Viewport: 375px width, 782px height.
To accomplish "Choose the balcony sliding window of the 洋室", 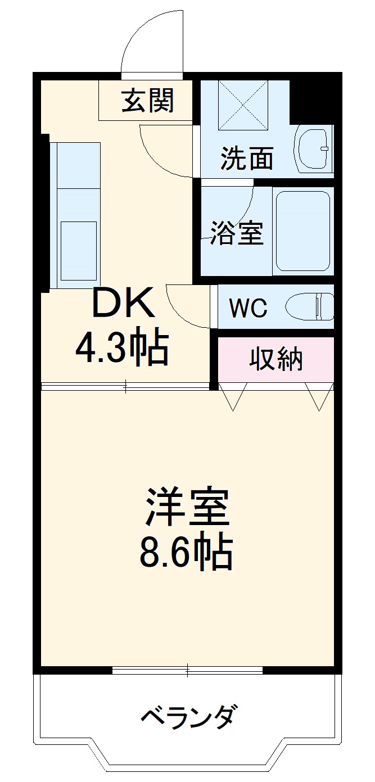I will click(187, 670).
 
